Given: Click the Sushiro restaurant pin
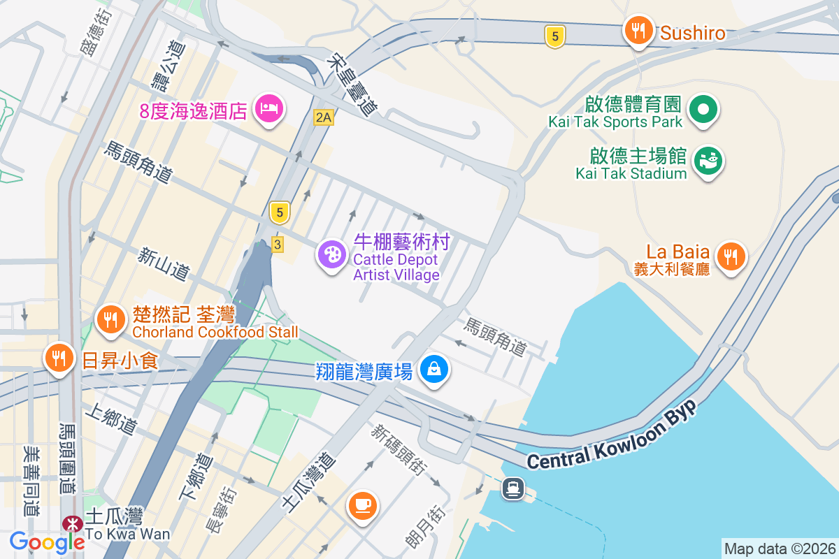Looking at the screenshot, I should (x=638, y=31).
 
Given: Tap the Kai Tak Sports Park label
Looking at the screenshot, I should (x=615, y=122).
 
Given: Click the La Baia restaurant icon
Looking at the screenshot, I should (x=731, y=256).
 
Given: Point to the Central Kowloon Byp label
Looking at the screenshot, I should (x=612, y=437).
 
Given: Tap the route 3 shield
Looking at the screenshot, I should (x=278, y=245).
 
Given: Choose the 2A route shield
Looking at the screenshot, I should (x=323, y=117).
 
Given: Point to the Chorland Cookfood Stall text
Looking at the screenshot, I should (x=215, y=332).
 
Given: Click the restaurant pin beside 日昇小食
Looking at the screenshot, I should (x=59, y=358).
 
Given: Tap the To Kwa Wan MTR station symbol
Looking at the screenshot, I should (x=71, y=524).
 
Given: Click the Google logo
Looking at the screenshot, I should (x=47, y=542).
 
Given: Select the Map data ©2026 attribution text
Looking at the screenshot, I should (x=779, y=549).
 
